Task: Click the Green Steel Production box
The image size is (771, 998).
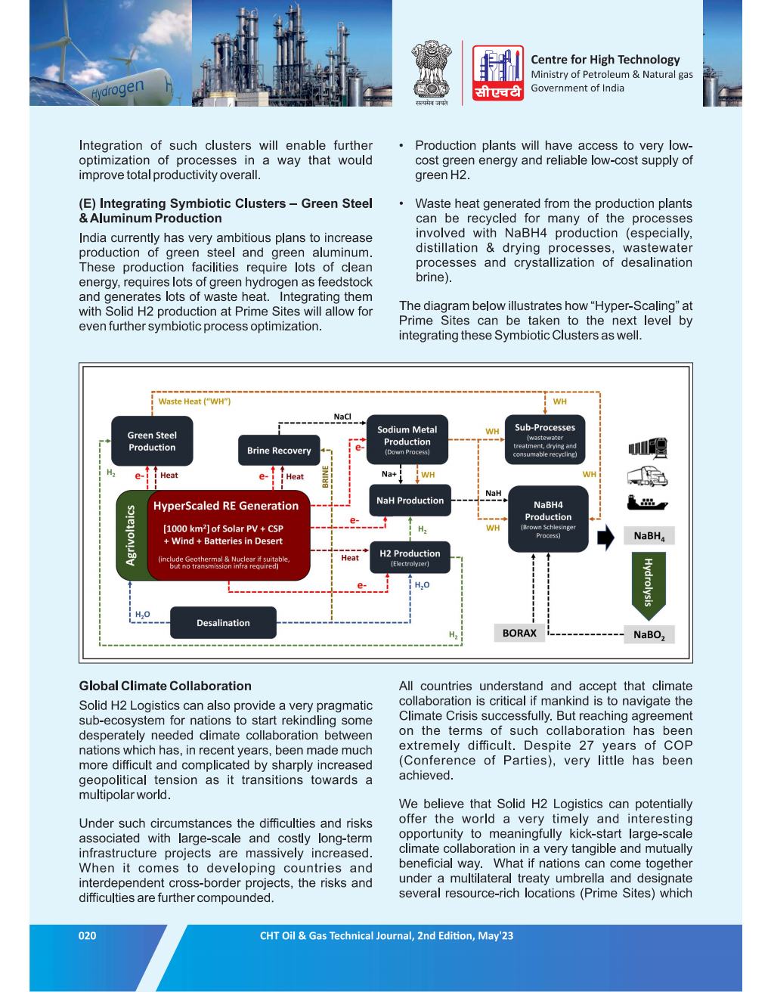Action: coord(151,441)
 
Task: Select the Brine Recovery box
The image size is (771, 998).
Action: coord(279,450)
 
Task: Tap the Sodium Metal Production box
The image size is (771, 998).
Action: coord(407,440)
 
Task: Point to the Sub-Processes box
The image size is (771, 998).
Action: coord(544,439)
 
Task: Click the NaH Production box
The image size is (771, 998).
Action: coord(410,501)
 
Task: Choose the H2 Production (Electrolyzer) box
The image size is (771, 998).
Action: coord(410,557)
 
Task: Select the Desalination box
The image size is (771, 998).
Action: coord(223,623)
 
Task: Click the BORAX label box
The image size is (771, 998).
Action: coord(519,634)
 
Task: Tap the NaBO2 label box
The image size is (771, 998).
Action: coord(649,635)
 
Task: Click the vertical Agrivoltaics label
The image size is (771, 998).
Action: coord(131,535)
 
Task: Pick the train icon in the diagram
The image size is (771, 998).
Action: coord(648,448)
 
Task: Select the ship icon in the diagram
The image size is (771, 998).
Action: coord(647,502)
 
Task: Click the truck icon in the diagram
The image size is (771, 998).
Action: coord(647,476)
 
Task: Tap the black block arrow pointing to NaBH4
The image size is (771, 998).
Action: coord(606,537)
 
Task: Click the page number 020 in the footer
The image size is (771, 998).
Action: coord(88,935)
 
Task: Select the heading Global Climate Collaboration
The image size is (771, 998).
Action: coord(165,686)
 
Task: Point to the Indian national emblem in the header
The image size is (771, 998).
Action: coord(432,72)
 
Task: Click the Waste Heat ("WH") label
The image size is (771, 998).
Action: coord(194,401)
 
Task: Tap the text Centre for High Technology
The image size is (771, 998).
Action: coord(605,59)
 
